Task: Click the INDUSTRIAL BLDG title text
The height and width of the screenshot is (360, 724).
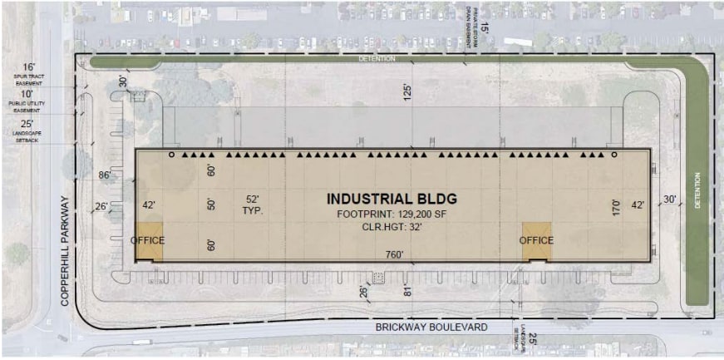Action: (x=392, y=200)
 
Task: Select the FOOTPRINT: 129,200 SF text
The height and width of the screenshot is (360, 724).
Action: (x=392, y=214)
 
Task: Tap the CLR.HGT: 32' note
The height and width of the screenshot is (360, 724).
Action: (x=392, y=225)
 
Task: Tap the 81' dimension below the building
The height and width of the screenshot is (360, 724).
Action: (x=407, y=290)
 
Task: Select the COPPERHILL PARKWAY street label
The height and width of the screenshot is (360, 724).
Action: (x=64, y=253)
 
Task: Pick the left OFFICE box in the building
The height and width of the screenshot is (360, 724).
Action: (x=148, y=240)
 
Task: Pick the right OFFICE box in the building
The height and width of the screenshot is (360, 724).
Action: (x=537, y=240)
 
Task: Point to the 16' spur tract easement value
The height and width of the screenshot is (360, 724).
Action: (x=30, y=67)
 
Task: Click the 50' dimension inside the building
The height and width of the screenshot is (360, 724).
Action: (x=211, y=205)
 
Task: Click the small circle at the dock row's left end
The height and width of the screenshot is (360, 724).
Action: (x=172, y=155)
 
